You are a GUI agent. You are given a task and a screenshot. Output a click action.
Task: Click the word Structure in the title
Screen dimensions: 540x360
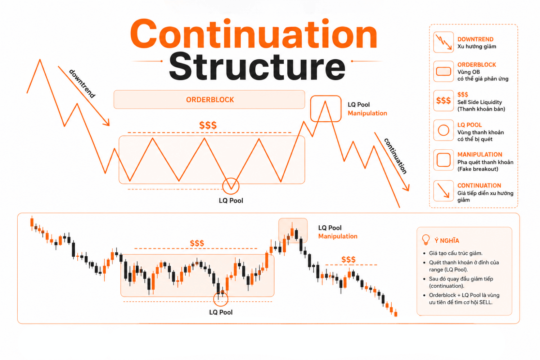[x=257, y=67]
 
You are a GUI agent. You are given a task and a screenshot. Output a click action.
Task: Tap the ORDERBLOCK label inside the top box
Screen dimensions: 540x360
[x=210, y=100]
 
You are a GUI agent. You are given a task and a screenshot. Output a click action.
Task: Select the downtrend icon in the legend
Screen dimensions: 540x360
[x=443, y=42]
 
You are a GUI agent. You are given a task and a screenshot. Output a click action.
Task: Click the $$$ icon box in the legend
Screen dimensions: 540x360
[x=443, y=100]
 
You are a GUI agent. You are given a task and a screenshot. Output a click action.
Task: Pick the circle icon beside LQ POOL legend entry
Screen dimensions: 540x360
[x=443, y=130]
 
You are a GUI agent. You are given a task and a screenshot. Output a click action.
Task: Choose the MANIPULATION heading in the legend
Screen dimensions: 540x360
[x=480, y=154]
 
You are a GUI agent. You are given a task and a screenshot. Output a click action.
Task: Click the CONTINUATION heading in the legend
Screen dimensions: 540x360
[x=479, y=185]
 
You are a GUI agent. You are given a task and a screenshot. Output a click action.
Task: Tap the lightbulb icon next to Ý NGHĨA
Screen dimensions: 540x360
[x=426, y=240]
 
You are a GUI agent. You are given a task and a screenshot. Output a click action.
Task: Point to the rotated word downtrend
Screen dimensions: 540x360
[x=82, y=84]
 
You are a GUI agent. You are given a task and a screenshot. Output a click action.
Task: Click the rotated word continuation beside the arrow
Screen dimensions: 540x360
[x=395, y=156]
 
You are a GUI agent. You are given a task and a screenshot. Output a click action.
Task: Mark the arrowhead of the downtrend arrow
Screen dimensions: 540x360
[x=107, y=122]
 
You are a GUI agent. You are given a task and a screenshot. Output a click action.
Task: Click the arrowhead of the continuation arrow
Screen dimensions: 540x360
[x=406, y=188]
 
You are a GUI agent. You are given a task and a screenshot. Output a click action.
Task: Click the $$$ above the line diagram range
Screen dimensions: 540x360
[x=208, y=125]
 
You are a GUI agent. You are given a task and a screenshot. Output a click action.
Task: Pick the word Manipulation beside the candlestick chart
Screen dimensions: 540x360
[x=338, y=236]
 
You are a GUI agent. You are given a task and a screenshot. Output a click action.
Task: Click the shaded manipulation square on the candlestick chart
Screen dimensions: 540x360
[x=293, y=230]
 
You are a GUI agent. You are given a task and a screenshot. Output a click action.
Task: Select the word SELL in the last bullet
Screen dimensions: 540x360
[x=486, y=302]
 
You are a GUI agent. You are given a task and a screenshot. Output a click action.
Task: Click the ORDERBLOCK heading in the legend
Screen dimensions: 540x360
[x=477, y=65]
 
